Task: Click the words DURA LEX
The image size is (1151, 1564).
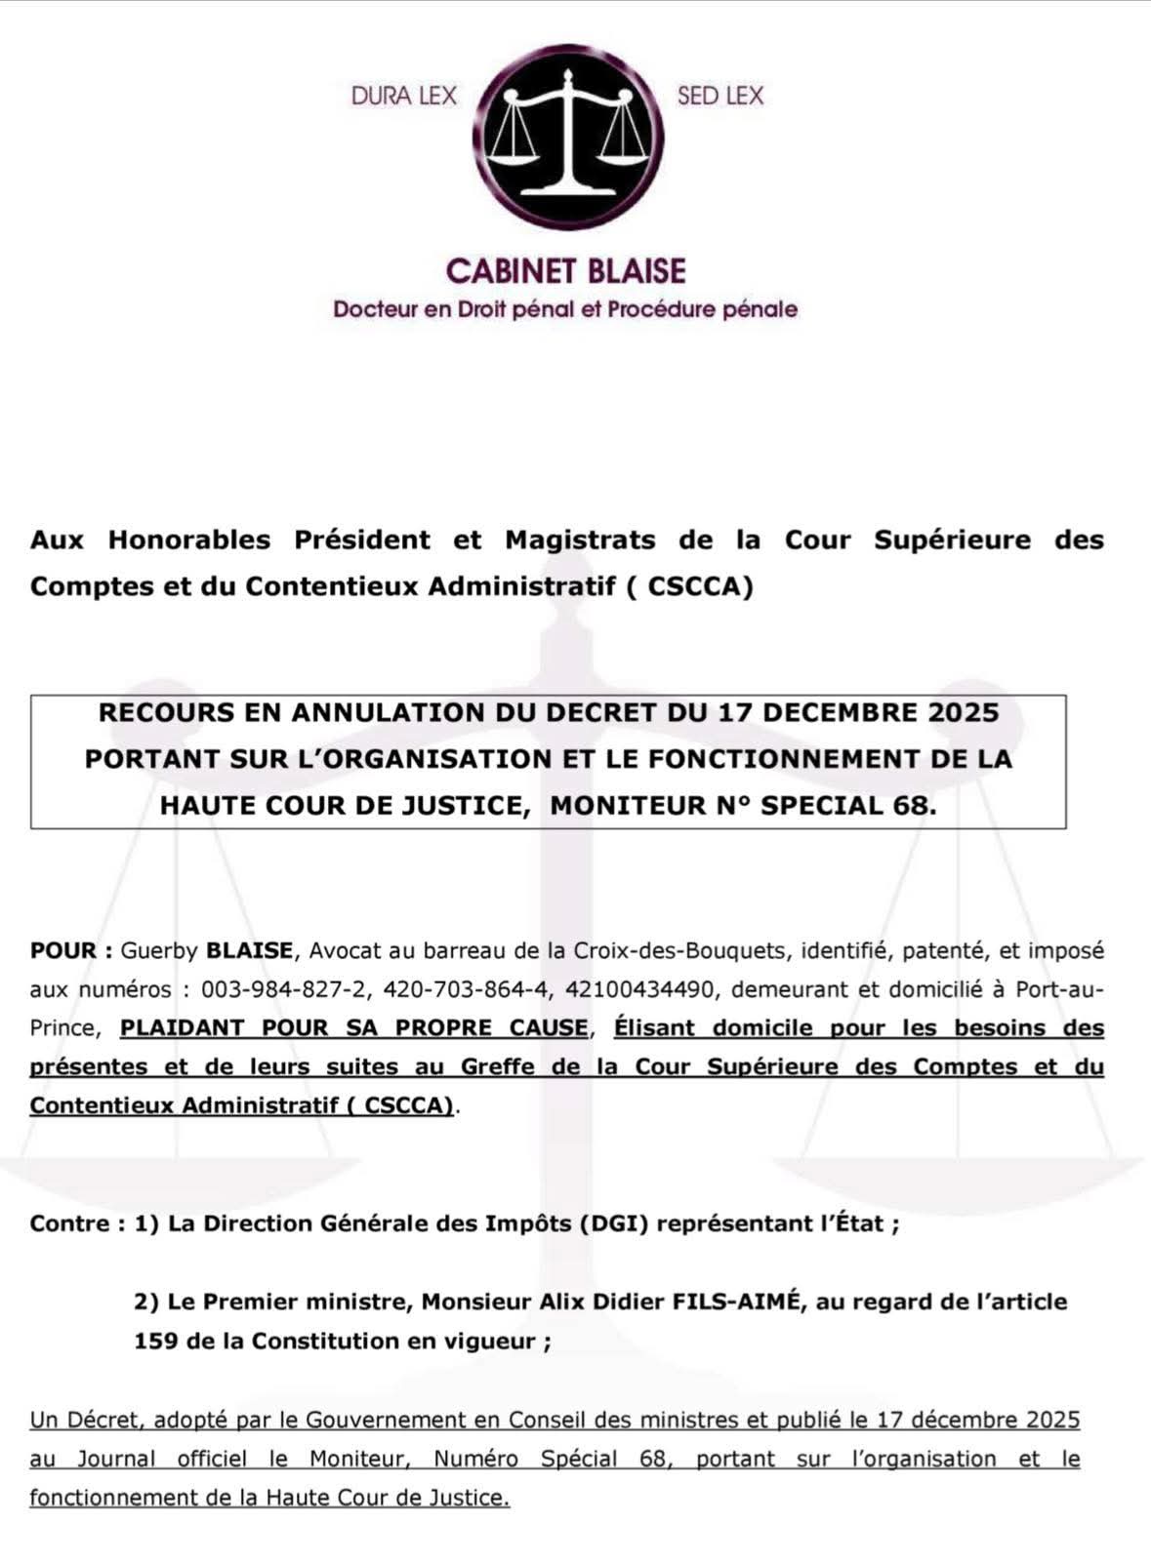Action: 404,96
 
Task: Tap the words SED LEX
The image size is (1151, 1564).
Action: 719,96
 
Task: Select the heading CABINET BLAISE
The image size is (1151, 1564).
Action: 566,270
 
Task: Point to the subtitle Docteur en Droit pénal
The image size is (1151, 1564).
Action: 565,309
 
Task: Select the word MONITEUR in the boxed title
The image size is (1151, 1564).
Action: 632,806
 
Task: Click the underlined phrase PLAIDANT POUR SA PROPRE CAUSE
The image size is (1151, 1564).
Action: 354,1027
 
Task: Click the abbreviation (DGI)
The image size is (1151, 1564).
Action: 614,1223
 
